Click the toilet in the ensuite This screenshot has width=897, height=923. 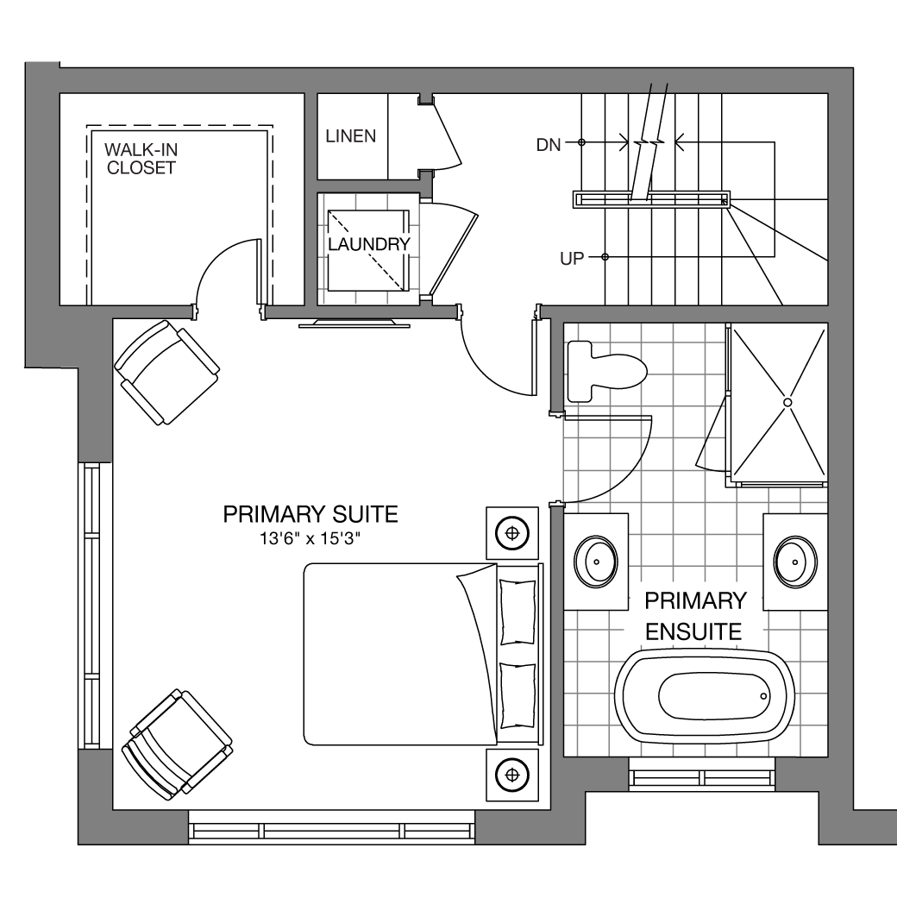click(606, 372)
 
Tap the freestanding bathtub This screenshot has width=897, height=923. click(705, 696)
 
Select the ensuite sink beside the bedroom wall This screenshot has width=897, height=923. click(596, 562)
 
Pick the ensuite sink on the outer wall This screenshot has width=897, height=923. click(795, 562)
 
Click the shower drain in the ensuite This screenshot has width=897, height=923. click(787, 402)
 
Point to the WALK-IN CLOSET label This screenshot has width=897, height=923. click(141, 159)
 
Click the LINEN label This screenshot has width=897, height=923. click(351, 136)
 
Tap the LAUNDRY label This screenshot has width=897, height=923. click(369, 244)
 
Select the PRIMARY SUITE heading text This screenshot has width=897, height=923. click(310, 514)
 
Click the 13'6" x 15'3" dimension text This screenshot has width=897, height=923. click(310, 538)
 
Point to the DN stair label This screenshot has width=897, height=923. click(549, 145)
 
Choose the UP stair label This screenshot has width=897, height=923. click(572, 259)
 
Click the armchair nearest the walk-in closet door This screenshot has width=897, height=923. click(167, 372)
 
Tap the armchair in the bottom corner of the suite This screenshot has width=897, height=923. click(177, 744)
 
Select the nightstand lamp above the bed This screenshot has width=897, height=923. click(512, 533)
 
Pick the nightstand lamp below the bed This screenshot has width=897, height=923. click(512, 775)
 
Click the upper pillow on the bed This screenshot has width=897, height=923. click(517, 612)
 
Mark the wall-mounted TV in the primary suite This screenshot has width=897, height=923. click(354, 323)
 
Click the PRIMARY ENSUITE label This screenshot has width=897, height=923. click(695, 616)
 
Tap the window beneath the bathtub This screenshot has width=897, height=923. click(702, 774)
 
